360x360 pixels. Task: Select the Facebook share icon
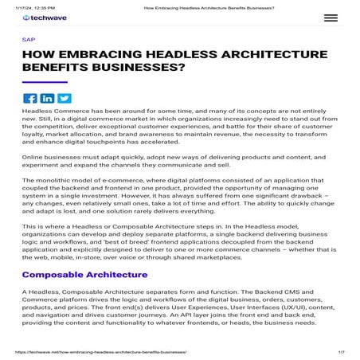[29, 98]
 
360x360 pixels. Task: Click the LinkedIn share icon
[46, 98]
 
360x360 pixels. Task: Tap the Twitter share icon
[64, 98]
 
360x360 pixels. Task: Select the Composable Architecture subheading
[85, 275]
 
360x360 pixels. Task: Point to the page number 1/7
[342, 350]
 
